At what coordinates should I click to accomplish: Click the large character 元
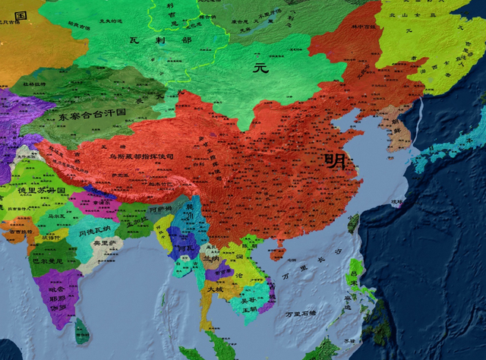tap(260, 68)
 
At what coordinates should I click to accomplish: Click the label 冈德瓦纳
tap(94, 229)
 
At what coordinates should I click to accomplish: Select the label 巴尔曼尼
tap(49, 261)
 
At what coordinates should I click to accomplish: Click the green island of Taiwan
tap(353, 223)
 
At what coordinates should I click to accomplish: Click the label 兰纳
tap(213, 258)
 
